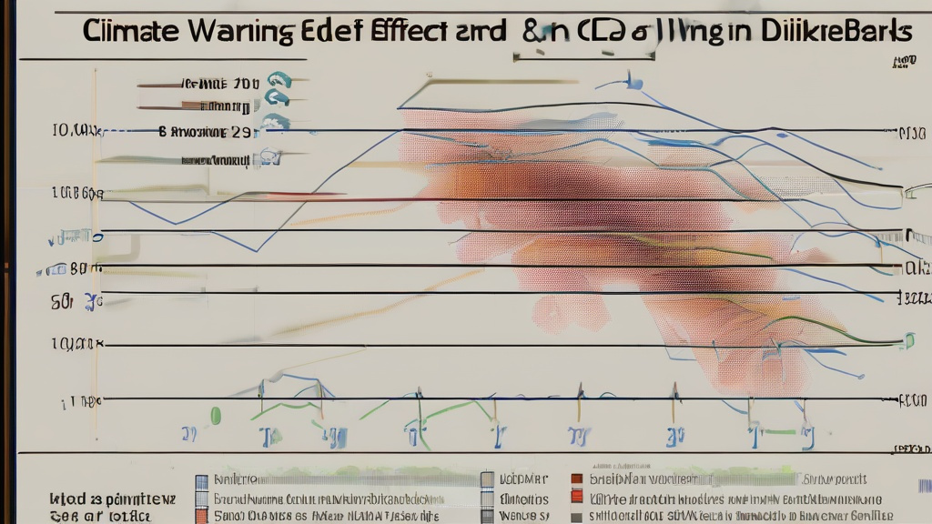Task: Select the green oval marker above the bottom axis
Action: click(216, 416)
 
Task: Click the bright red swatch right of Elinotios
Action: click(576, 497)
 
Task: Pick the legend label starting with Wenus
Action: click(522, 516)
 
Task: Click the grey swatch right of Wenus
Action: click(576, 516)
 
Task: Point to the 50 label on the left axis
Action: click(63, 300)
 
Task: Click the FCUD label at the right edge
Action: click(913, 399)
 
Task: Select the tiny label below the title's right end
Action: click(904, 62)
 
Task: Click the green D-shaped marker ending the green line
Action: click(907, 340)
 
